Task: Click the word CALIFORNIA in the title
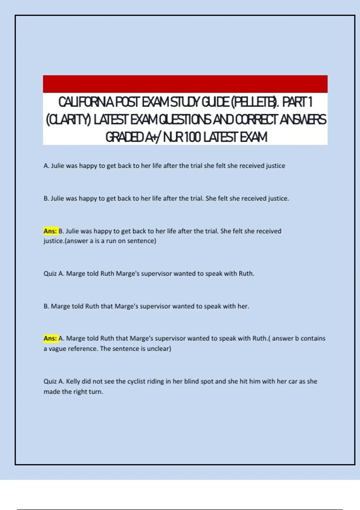(86, 102)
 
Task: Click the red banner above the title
(185, 84)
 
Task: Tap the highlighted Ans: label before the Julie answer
(50, 231)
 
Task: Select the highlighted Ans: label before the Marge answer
(50, 338)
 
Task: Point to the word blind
(191, 381)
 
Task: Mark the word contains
(313, 338)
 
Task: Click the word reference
(82, 349)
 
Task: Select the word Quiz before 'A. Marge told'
(50, 274)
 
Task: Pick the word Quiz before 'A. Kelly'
(50, 381)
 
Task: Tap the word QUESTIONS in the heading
(185, 120)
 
